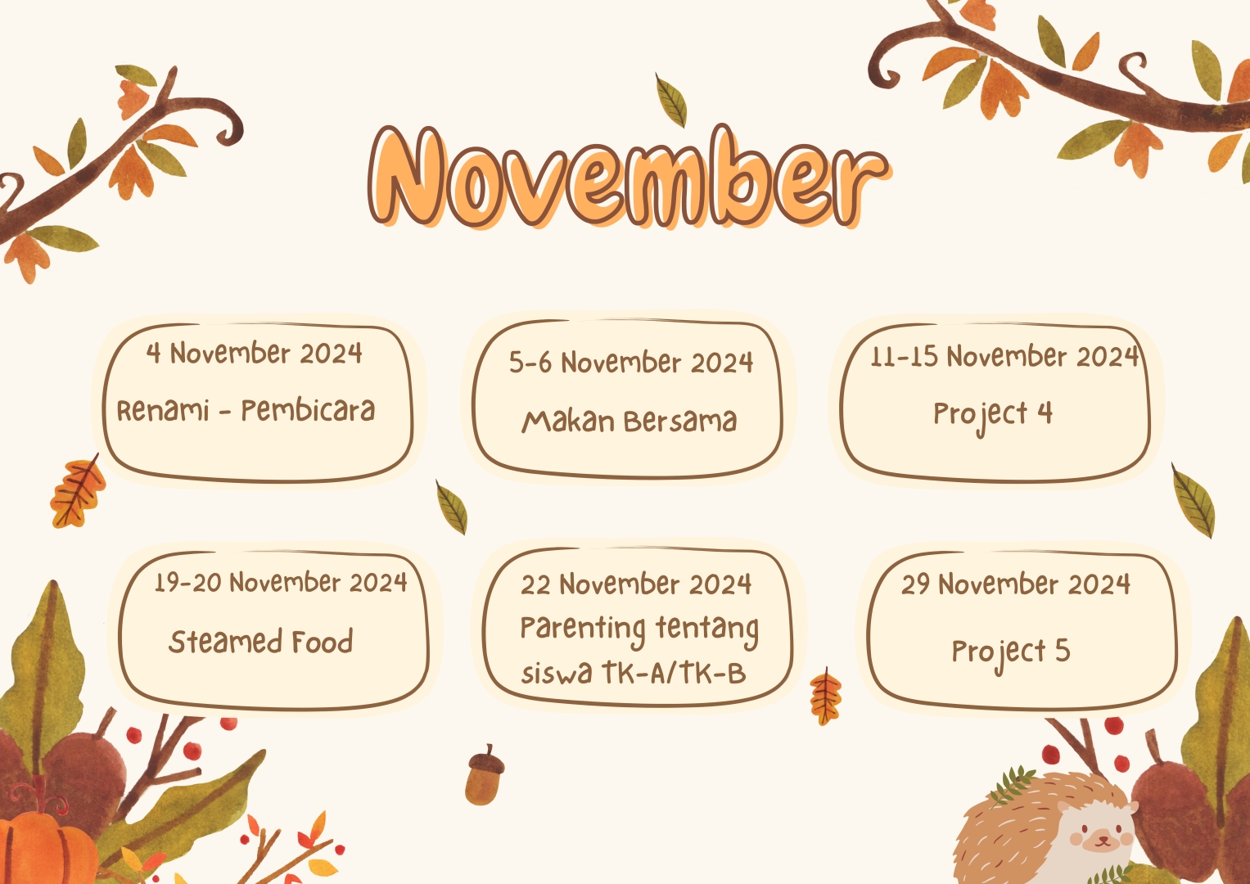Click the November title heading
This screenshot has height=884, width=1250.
click(x=629, y=177)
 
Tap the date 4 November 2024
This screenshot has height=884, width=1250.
click(x=254, y=354)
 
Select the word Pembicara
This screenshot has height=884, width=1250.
click(x=308, y=410)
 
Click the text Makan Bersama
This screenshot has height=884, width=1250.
click(x=630, y=421)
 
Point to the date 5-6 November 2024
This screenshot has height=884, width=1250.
click(x=630, y=362)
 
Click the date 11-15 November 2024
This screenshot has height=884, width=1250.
click(x=1004, y=356)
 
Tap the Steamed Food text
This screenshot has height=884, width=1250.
click(x=260, y=641)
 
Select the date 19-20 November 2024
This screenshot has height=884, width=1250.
click(x=281, y=583)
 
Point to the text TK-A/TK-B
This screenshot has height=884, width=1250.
click(x=674, y=673)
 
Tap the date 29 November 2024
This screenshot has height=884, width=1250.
click(x=1016, y=584)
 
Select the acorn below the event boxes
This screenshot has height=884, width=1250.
click(x=485, y=774)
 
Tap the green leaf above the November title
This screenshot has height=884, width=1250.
click(x=670, y=101)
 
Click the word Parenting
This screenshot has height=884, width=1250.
click(x=583, y=629)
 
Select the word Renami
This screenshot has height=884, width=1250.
click(x=163, y=411)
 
